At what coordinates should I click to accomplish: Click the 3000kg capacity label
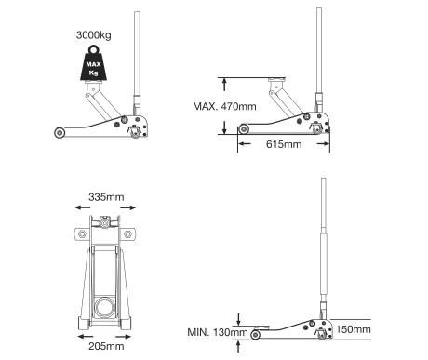pos(93,35)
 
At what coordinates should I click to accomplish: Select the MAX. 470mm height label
pos(224,106)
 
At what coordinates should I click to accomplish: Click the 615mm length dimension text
pos(284,144)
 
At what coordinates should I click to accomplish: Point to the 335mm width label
pos(106,197)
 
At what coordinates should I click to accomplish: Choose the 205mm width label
pos(106,346)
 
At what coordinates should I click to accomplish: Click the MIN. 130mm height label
pos(218,332)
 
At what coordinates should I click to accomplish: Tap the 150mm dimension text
pos(354,329)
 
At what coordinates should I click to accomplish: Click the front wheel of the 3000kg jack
pos(60,133)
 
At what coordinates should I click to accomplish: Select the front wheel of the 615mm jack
pos(244,129)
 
